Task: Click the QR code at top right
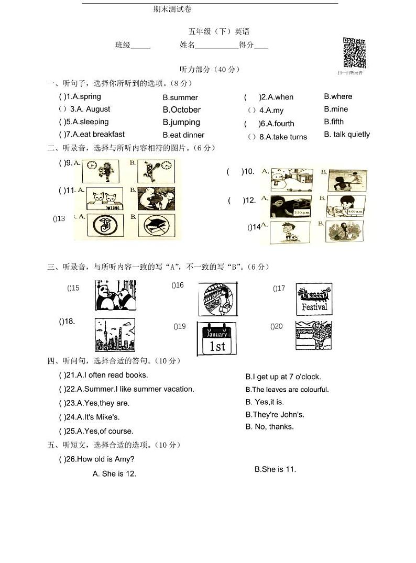point(354,52)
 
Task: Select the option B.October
point(182,110)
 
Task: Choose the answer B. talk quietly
point(347,135)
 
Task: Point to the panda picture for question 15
point(115,295)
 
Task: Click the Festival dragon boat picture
point(314,299)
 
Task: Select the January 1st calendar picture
point(216,338)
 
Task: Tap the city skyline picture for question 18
point(115,335)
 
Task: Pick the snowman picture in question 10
point(291,180)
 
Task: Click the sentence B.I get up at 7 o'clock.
point(283,377)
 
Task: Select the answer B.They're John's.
point(275,415)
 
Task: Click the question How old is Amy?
point(105,459)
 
